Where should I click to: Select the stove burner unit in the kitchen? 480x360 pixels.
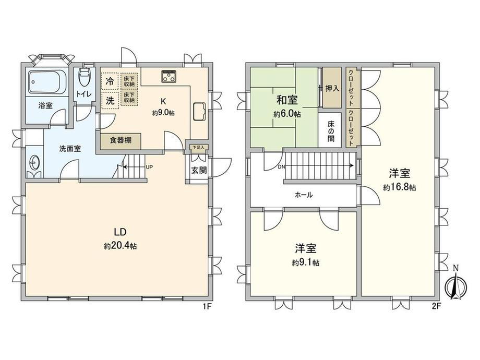[x=170, y=77]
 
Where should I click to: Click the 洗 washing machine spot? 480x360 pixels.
[x=110, y=101]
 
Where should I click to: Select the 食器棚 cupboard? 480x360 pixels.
[x=121, y=140]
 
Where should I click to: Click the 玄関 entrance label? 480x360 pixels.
[x=198, y=170]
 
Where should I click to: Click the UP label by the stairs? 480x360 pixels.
[x=149, y=167]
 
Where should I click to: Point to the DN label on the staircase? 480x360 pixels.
[x=282, y=167]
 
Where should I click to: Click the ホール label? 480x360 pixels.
[x=304, y=195]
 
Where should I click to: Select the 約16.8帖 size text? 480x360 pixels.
[x=399, y=187]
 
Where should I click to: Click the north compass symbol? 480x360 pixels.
[x=454, y=285]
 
